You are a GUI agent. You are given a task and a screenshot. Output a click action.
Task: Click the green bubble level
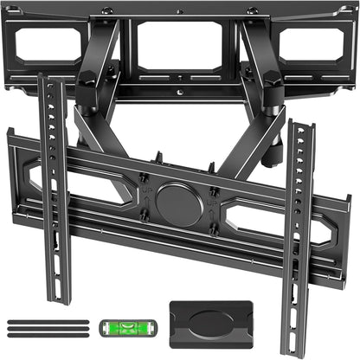[x=121, y=328]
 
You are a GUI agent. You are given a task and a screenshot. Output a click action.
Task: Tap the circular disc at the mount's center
[x=179, y=206]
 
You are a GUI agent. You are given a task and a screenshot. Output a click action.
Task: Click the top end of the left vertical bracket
[x=42, y=78]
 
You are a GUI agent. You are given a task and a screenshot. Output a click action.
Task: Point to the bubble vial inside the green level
[x=121, y=328]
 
